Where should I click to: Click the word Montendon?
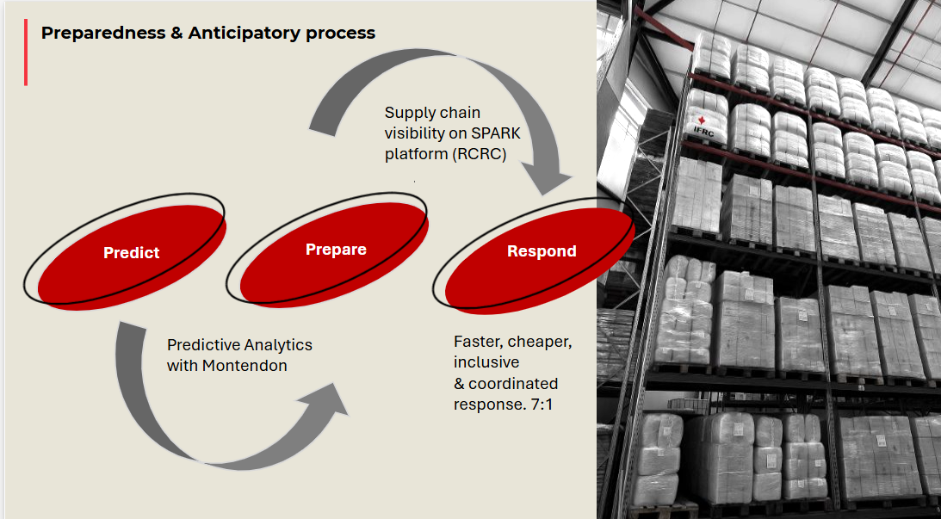[x=246, y=366]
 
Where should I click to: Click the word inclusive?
[x=486, y=362]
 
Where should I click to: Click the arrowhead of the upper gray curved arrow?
[x=550, y=181]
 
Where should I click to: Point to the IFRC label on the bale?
[x=704, y=130]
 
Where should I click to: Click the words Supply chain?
[x=432, y=113]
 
